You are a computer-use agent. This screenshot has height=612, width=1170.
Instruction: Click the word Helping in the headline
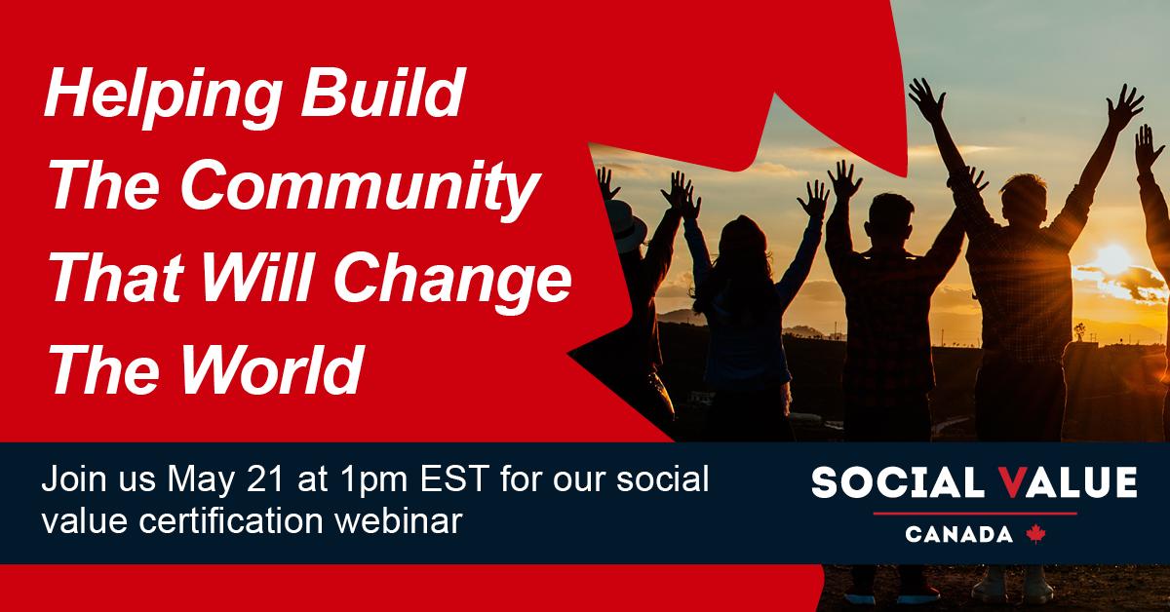coord(163,97)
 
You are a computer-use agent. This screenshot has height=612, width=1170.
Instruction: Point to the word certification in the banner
coord(231,520)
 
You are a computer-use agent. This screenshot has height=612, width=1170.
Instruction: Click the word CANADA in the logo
coord(958,534)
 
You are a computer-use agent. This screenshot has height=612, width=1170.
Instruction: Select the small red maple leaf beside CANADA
coord(1035,534)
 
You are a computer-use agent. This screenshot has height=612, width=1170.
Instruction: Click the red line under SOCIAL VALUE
coord(975,514)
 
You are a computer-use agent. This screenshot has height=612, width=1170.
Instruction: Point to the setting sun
coord(1112,259)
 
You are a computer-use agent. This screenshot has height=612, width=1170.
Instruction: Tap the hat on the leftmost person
coord(625,225)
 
